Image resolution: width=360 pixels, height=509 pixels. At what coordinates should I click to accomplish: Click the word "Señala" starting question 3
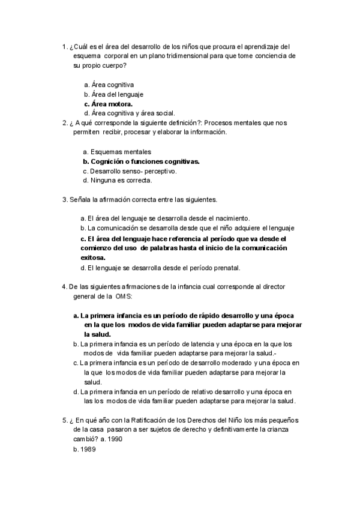pyautogui.click(x=80, y=199)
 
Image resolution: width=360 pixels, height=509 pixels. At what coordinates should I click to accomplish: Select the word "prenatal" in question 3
pyautogui.click(x=226, y=268)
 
